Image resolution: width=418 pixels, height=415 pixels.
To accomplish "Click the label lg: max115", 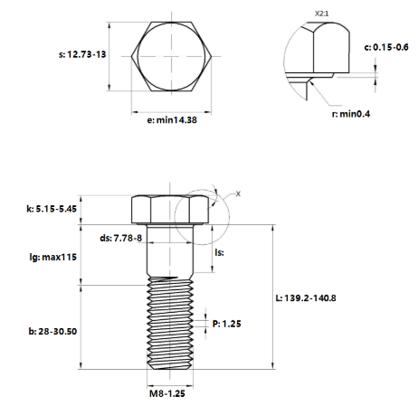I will (x=52, y=257).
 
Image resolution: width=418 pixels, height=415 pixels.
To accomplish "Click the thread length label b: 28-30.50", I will (x=52, y=331).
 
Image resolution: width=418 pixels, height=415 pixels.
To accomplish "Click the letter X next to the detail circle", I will (x=238, y=193).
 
